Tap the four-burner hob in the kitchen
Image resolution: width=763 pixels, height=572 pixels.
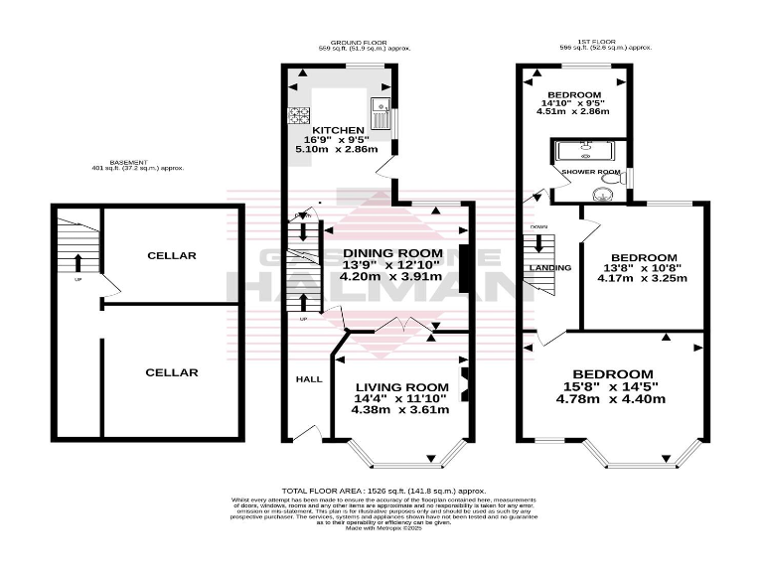click(297, 114)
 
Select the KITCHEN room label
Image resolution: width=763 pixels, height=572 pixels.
click(337, 131)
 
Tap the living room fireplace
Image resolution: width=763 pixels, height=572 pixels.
click(462, 380)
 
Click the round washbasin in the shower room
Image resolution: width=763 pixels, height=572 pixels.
click(602, 193)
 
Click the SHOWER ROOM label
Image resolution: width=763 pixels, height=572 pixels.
click(590, 172)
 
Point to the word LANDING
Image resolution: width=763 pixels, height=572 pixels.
click(549, 268)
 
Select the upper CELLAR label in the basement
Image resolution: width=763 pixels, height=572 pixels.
click(171, 255)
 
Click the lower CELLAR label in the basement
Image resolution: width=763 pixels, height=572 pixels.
click(171, 372)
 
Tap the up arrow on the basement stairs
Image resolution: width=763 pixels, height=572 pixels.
click(77, 263)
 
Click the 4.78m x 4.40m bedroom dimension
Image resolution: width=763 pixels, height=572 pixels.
click(612, 399)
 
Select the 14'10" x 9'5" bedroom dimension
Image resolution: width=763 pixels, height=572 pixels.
click(573, 102)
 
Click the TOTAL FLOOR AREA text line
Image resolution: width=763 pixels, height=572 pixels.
click(382, 491)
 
